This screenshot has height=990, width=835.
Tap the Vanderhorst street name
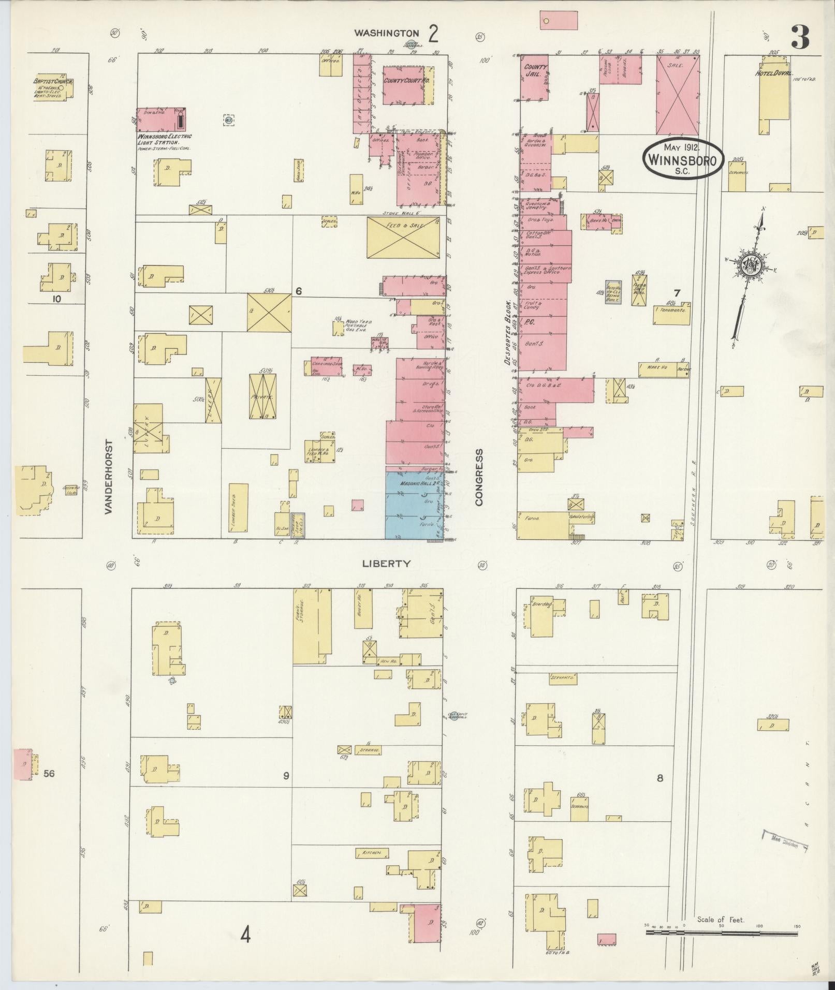pyautogui.click(x=108, y=477)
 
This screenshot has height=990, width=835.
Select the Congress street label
pyautogui.click(x=479, y=477)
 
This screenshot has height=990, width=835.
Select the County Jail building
pyautogui.click(x=534, y=78)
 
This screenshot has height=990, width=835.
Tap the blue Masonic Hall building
pyautogui.click(x=414, y=505)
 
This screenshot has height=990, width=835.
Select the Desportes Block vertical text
pyautogui.click(x=509, y=332)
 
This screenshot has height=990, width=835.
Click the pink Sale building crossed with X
pyautogui.click(x=678, y=95)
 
